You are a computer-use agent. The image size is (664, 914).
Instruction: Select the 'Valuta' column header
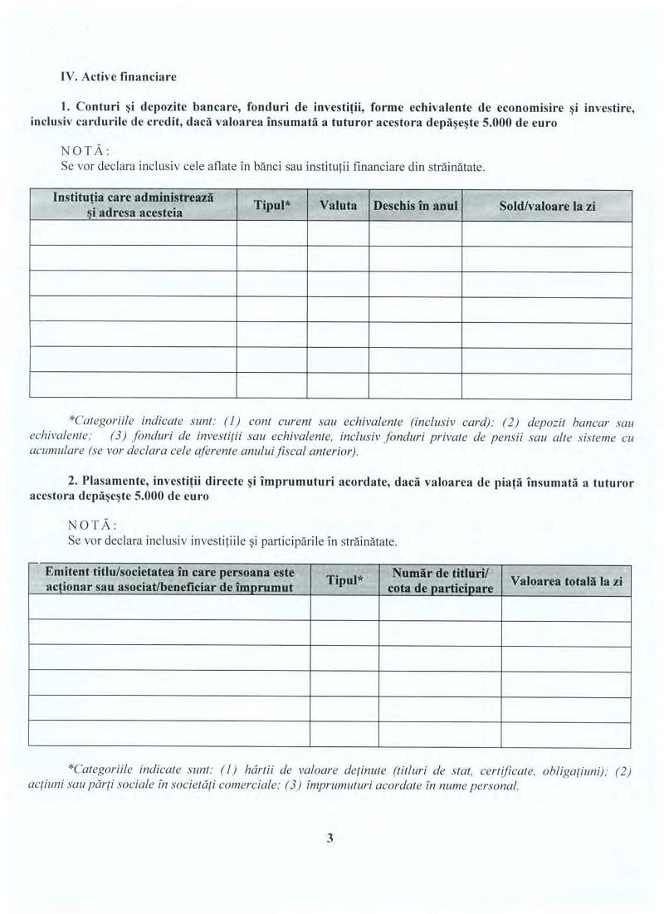[338, 205]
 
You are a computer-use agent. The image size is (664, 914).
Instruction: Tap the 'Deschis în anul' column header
[415, 205]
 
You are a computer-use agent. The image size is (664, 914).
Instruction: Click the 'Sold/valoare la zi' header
[547, 205]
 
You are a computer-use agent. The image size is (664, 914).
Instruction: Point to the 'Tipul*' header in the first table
[271, 205]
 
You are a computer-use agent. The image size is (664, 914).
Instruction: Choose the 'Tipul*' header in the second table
[344, 580]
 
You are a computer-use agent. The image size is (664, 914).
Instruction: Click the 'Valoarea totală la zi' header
[566, 580]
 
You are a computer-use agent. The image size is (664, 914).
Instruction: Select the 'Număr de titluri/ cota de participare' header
[440, 580]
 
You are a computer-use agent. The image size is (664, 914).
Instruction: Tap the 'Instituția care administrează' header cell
[134, 205]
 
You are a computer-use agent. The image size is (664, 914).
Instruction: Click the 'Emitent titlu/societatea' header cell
[169, 580]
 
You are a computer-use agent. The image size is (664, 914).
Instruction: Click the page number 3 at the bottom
[330, 838]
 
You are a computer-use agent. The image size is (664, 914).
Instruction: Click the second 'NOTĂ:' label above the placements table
[90, 525]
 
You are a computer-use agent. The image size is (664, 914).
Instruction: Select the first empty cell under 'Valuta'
[338, 234]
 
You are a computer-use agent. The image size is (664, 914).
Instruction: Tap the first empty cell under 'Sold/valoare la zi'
[547, 234]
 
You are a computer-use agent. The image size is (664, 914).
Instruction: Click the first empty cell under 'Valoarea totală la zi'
[566, 608]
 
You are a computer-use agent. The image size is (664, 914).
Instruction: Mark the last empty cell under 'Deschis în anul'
[415, 385]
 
